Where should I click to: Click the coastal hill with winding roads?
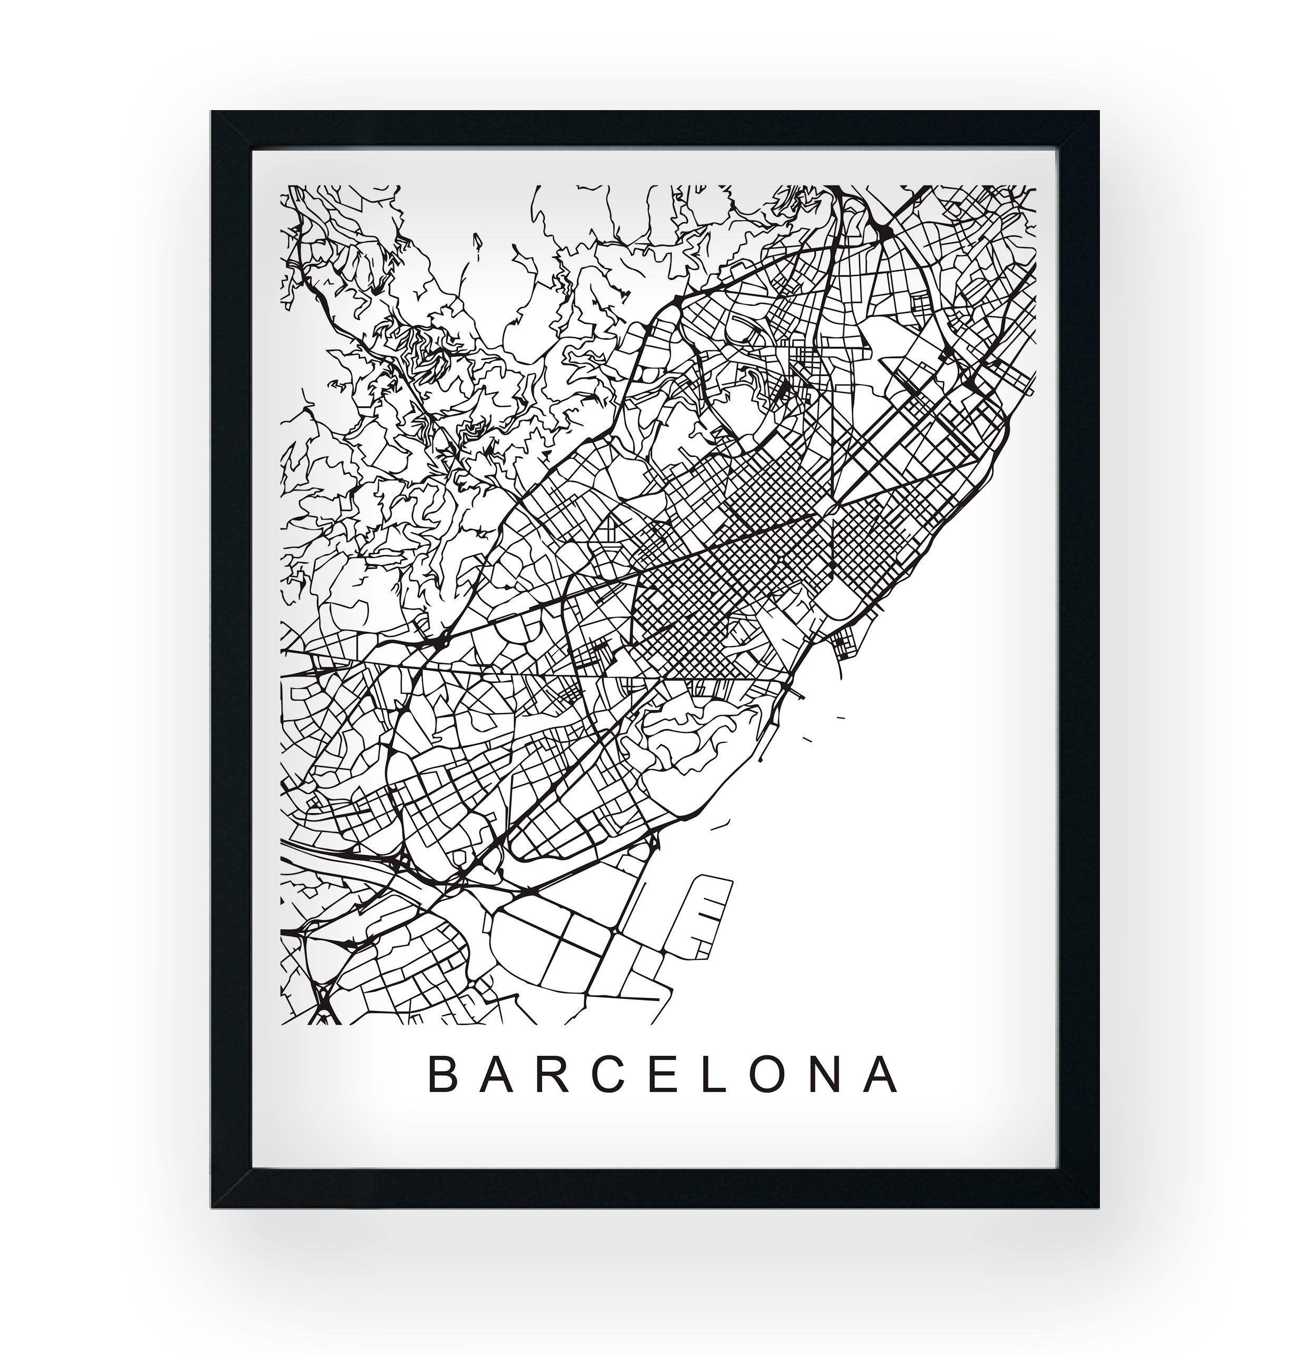point(697,743)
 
